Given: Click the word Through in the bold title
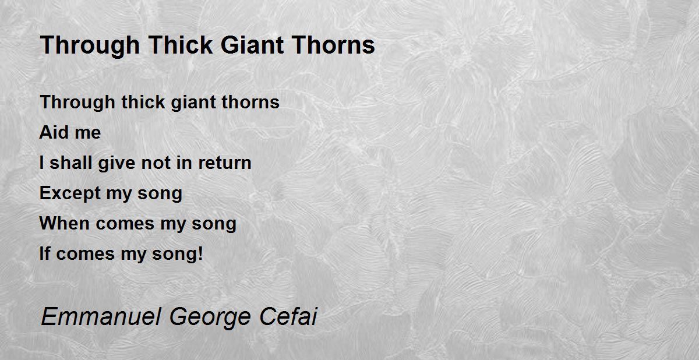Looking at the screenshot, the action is [x=90, y=46].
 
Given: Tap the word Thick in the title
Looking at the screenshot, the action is [x=181, y=45].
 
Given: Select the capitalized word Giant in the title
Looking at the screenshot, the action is [x=252, y=45].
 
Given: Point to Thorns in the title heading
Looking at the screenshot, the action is [x=334, y=45].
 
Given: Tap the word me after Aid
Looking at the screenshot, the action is [x=88, y=134].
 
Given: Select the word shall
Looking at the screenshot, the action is [x=70, y=163].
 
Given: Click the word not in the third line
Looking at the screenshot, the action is [x=156, y=163].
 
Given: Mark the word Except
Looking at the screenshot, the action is [x=69, y=193].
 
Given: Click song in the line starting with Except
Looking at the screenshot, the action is [x=160, y=195].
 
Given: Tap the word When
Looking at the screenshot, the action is [x=65, y=223].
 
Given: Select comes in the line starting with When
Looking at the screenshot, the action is [x=125, y=225].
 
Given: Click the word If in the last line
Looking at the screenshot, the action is [x=45, y=253].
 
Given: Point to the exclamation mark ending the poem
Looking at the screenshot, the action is [x=200, y=253].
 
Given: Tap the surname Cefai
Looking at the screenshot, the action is [x=288, y=316].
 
